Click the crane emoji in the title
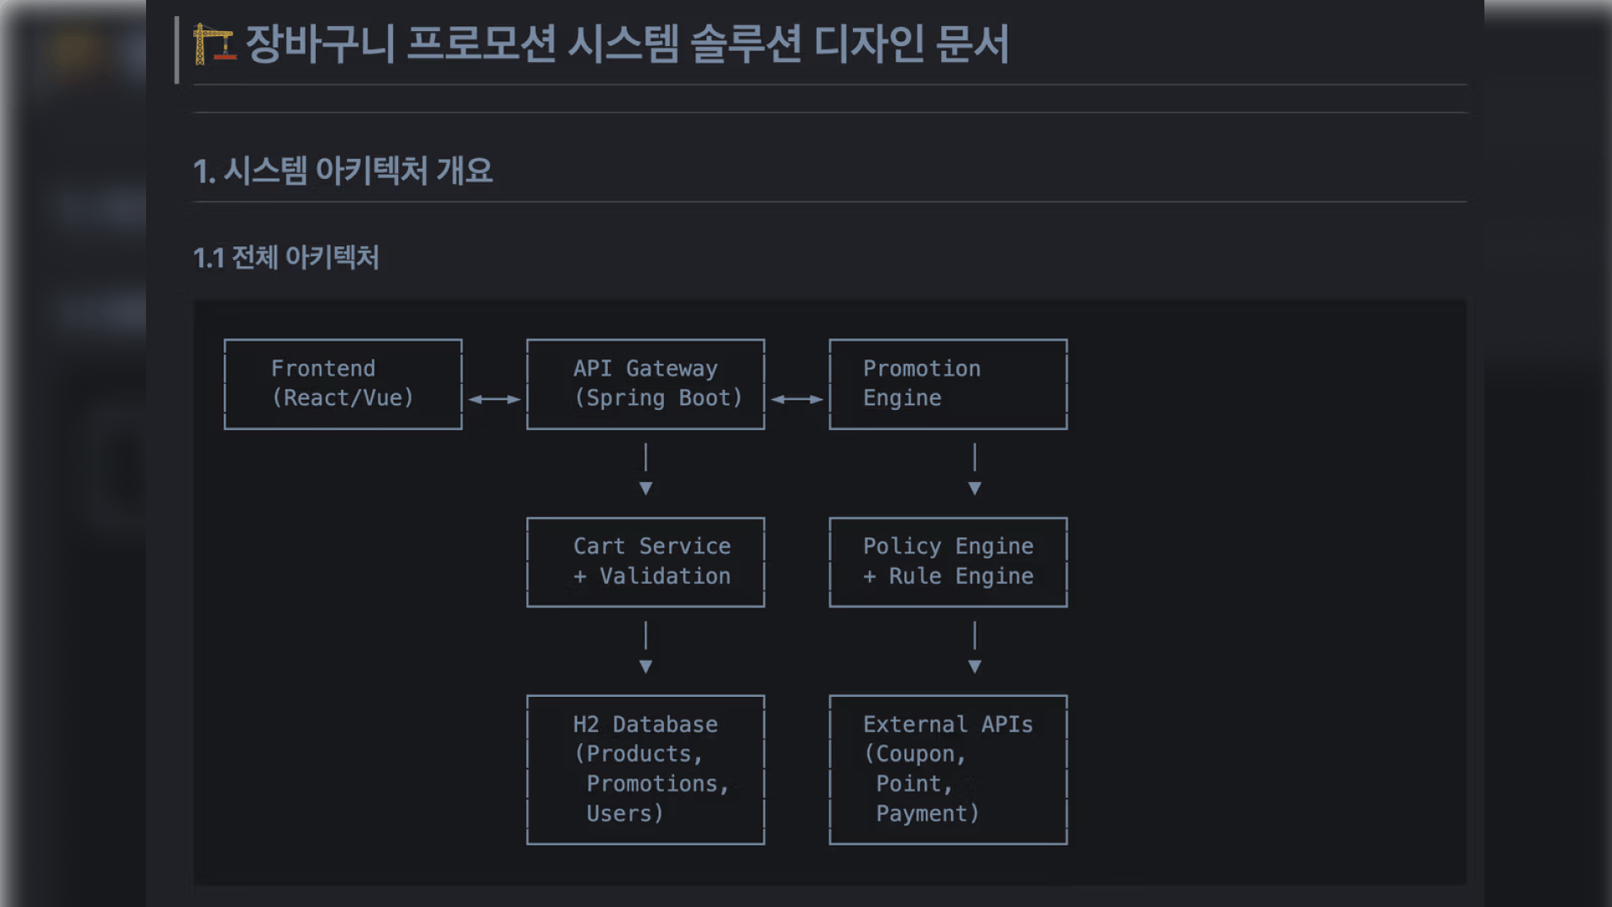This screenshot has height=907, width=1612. [213, 44]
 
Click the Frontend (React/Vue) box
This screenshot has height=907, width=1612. [343, 384]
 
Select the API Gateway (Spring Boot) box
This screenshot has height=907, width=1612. [645, 384]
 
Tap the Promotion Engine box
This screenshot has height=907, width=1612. [948, 384]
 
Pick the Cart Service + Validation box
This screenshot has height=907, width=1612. [645, 562]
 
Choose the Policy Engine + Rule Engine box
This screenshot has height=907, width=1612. [948, 562]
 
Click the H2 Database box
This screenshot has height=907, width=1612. [645, 769]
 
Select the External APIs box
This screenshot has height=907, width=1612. [948, 769]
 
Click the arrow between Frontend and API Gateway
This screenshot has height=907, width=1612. [495, 400]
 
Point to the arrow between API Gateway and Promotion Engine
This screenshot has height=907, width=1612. [797, 400]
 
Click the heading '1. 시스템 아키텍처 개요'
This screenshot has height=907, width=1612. [343, 171]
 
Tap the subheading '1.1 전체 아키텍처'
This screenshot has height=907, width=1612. [285, 258]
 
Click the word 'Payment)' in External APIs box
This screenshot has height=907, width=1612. [928, 814]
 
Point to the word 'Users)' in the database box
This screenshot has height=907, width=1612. [625, 814]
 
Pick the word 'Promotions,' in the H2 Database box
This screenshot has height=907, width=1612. [657, 784]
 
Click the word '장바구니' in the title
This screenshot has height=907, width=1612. [320, 44]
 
